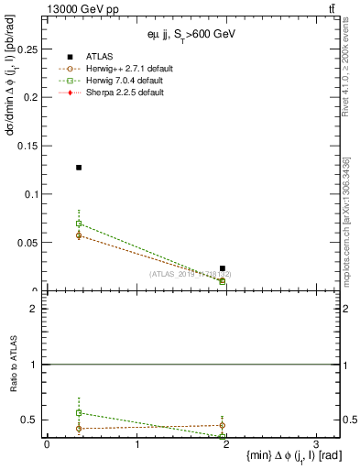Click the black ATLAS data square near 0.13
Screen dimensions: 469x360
tap(79, 168)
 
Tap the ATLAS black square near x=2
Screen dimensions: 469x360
tap(223, 268)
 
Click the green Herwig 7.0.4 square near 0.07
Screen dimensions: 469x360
tap(79, 224)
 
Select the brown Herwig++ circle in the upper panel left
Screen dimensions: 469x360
tap(79, 235)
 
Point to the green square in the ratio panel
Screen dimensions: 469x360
tap(79, 413)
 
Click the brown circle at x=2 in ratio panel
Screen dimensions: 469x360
tap(223, 425)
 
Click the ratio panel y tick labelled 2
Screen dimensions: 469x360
tap(34, 309)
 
